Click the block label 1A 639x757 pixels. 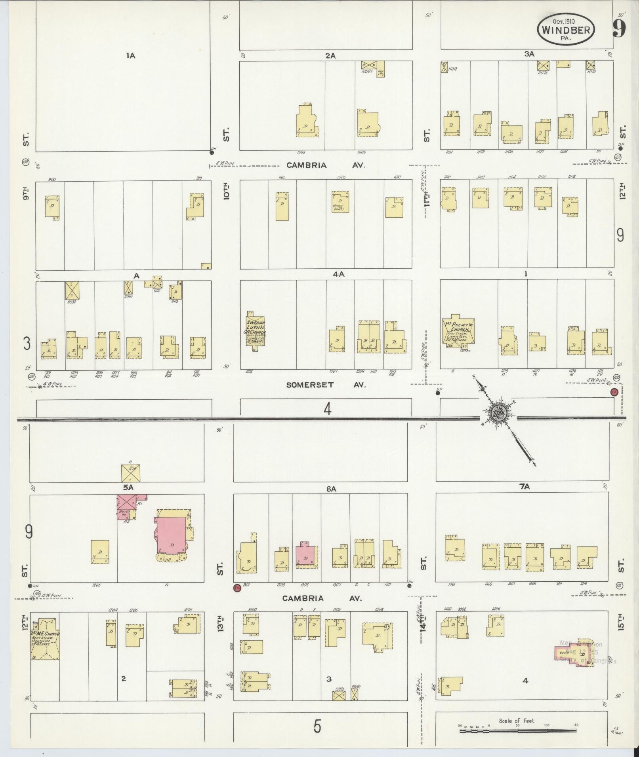131,56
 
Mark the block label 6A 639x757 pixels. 331,489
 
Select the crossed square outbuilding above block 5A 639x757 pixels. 130,473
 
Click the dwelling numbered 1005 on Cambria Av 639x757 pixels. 307,121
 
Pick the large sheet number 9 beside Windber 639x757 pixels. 619,28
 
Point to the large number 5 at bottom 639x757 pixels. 317,726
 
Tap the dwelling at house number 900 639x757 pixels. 52,206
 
